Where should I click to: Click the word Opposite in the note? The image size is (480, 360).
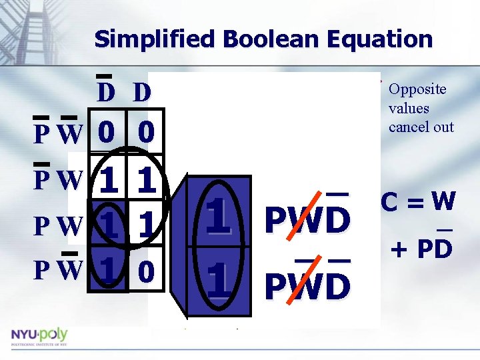pos(417,89)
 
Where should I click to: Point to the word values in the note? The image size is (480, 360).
pos(409,108)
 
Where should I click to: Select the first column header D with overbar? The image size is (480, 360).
pos(106,92)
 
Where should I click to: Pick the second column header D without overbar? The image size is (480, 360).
pos(141,92)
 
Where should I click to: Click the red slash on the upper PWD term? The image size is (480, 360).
pos(308,217)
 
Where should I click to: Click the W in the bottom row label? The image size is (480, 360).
pos(68,271)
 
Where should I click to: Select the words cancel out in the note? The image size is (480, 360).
pos(421,127)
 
